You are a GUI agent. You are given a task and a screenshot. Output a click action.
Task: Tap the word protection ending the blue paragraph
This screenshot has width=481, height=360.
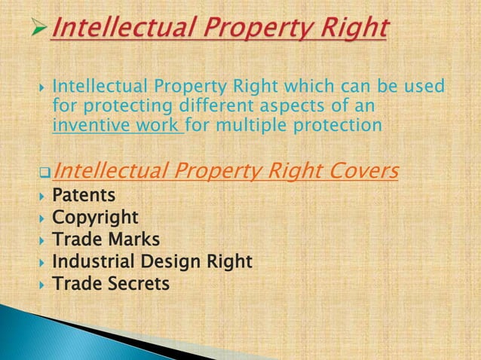coord(339,124)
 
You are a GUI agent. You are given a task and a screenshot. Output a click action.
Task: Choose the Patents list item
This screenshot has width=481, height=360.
coord(84,196)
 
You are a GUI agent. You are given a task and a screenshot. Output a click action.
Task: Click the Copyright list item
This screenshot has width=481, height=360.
coord(95,218)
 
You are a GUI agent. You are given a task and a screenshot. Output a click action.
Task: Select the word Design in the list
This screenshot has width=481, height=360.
coord(174,261)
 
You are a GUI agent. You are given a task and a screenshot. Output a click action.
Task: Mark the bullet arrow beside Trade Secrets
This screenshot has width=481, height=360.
coord(42,284)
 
